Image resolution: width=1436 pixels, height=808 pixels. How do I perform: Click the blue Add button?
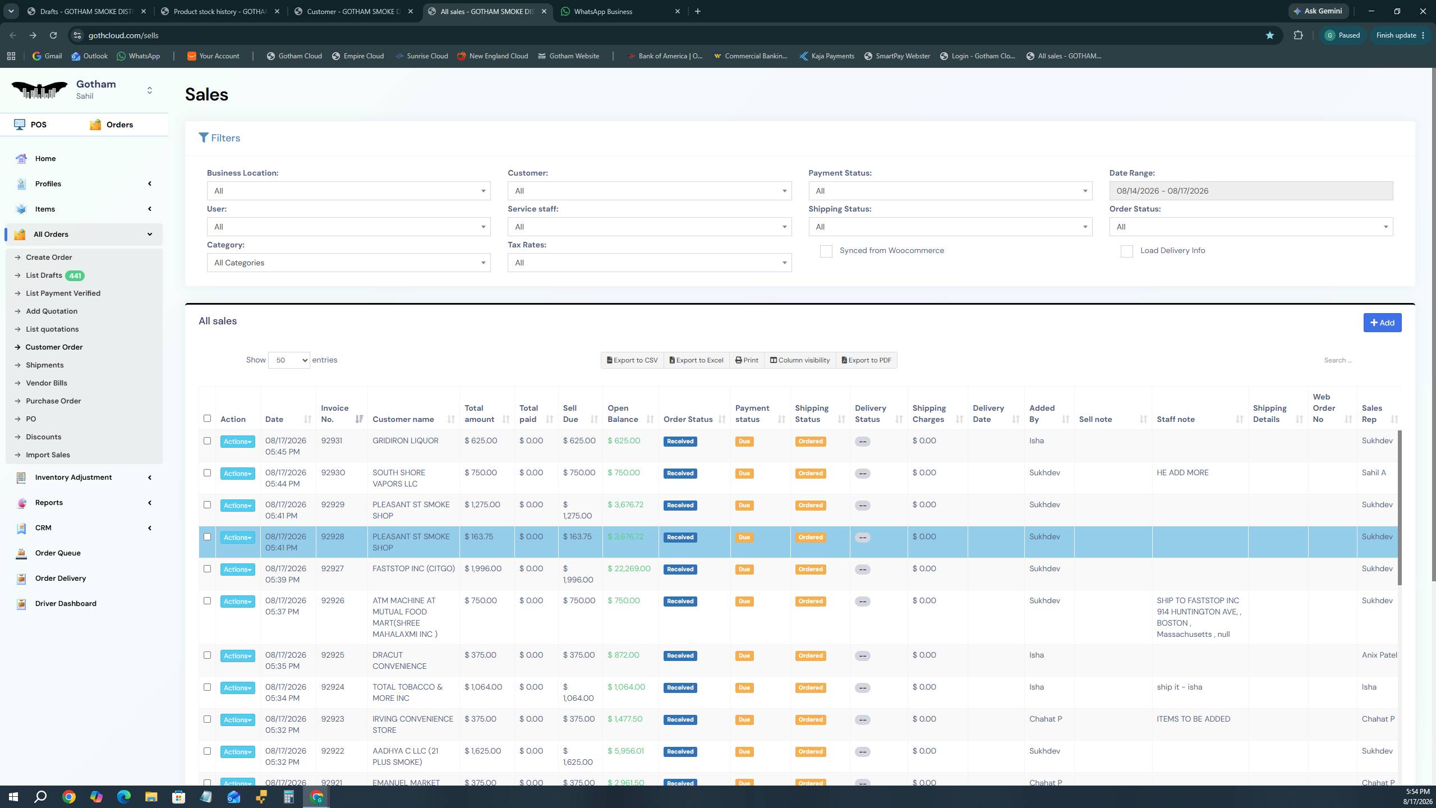point(1382,323)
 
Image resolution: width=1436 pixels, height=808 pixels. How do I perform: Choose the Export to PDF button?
point(866,360)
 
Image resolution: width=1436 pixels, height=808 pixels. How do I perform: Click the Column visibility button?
point(799,360)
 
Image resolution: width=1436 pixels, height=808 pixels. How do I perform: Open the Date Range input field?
point(1251,191)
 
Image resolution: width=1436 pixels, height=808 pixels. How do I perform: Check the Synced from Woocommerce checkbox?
point(826,251)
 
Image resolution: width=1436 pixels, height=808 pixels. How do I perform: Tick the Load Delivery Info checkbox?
point(1126,251)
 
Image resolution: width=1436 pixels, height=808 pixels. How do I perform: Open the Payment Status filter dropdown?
point(950,191)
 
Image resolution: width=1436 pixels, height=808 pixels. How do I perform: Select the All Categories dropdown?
point(348,263)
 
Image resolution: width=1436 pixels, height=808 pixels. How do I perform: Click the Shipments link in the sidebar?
point(44,365)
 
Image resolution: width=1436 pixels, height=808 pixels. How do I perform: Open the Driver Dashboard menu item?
point(66,603)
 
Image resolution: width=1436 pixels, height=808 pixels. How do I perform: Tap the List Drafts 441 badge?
point(75,276)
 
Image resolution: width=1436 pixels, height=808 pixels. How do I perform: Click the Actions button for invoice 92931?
point(237,442)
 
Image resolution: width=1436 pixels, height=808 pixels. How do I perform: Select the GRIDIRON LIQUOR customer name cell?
point(405,440)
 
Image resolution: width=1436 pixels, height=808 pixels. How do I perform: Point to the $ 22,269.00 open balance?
point(629,568)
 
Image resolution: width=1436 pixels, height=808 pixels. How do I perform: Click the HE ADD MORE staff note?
point(1182,472)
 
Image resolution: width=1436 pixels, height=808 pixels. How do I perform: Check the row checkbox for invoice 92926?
point(207,601)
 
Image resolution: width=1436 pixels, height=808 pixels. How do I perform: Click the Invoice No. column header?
point(335,414)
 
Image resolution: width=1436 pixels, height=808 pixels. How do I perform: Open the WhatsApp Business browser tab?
point(602,11)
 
